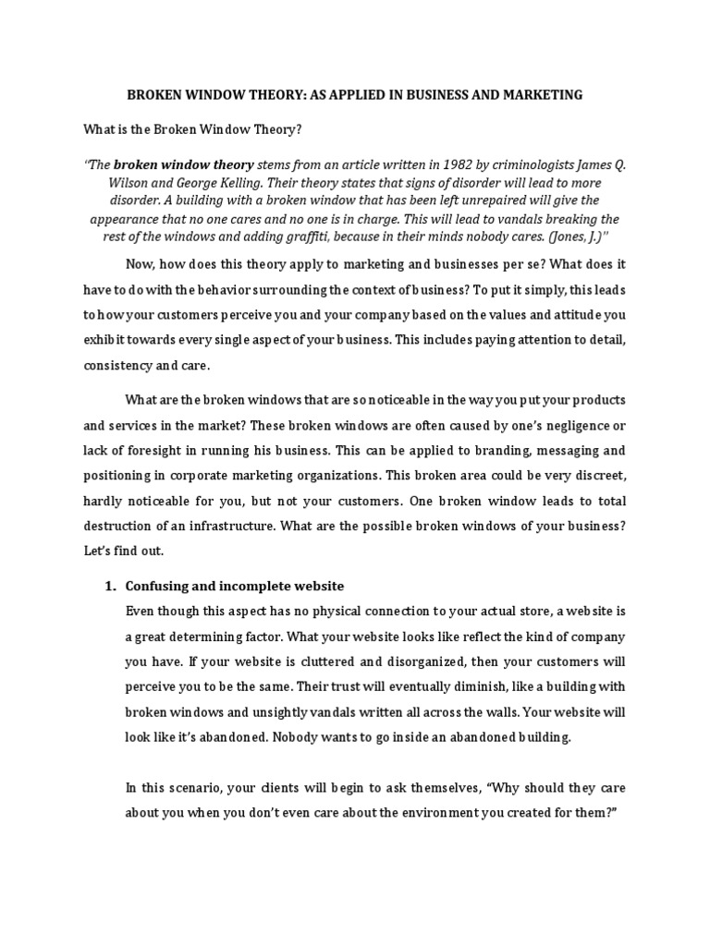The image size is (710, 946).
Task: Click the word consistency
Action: pos(123,365)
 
